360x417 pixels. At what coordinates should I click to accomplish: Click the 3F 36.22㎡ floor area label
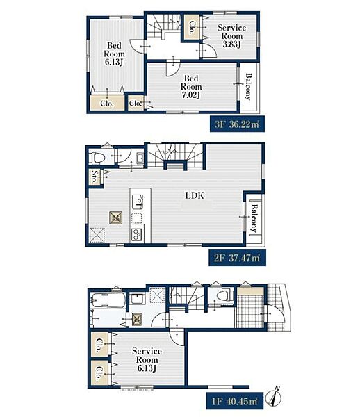tap(237, 124)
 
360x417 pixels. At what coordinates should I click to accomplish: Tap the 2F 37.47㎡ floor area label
tap(237, 257)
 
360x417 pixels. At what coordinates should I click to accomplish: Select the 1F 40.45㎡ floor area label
tap(234, 401)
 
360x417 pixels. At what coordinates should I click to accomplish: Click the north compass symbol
tap(276, 398)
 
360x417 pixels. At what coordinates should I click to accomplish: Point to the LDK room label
tap(195, 196)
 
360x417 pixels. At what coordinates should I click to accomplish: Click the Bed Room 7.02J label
tap(191, 86)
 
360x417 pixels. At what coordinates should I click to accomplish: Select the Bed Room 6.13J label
tap(114, 54)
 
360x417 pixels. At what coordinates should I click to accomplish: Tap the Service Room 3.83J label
tap(231, 36)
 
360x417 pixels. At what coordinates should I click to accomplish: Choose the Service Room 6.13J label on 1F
tap(147, 359)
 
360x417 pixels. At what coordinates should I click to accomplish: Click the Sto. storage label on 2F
tap(94, 177)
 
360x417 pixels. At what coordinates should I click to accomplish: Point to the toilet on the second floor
tap(97, 158)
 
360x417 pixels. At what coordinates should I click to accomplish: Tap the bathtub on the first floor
tap(108, 300)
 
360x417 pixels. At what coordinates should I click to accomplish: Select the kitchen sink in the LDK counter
tap(137, 202)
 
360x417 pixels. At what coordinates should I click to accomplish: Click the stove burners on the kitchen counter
tap(137, 235)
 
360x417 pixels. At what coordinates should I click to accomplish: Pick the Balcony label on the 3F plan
tap(248, 87)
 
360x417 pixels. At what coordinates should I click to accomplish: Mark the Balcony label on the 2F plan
tap(254, 218)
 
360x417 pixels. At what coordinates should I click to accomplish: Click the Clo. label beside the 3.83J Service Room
tap(191, 27)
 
